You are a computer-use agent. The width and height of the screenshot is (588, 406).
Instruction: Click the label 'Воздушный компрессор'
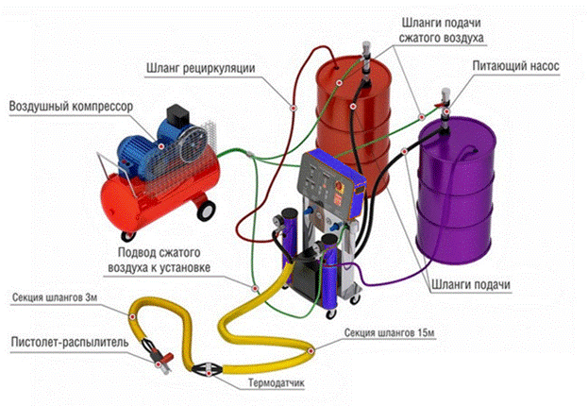(71, 105)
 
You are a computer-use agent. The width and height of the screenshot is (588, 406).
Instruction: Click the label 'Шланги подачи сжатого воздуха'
(446, 29)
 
